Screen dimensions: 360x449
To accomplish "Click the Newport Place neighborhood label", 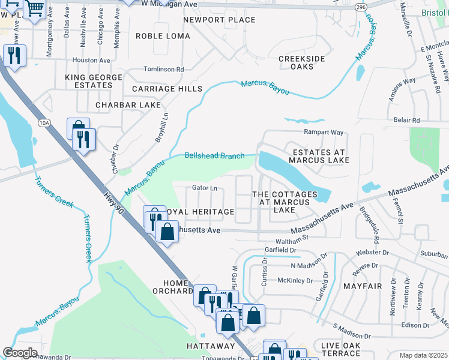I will [219, 20].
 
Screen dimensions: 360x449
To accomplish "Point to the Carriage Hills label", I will [167, 89].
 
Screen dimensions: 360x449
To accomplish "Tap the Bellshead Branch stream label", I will [214, 156].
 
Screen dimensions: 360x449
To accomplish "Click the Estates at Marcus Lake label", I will [318, 156].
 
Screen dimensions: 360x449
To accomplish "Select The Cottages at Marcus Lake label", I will [285, 202].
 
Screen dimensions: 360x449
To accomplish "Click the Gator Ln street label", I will [204, 188].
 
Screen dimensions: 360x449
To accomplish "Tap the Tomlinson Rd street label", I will [163, 70].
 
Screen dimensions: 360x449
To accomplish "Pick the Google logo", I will [20, 353].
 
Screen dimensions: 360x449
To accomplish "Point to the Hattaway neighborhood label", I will [210, 346].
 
